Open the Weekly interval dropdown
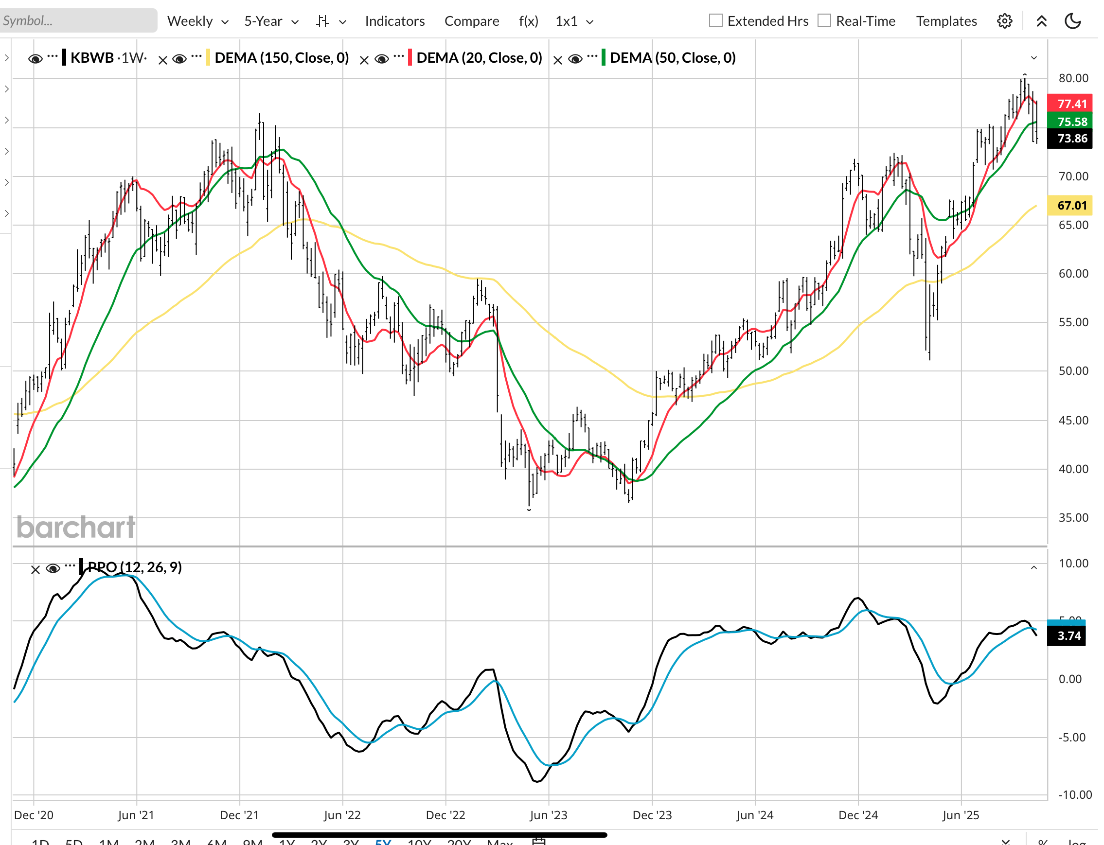(197, 21)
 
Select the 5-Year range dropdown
(271, 21)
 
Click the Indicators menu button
(394, 21)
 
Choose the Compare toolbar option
(471, 21)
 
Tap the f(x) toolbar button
(528, 21)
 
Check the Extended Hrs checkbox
(715, 20)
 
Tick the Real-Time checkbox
(824, 20)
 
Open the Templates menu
(945, 21)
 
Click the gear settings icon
(1004, 21)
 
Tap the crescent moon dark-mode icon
(1072, 21)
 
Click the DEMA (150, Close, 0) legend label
(281, 58)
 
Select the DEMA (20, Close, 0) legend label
(479, 58)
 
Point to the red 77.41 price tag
(1069, 104)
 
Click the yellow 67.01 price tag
(1069, 205)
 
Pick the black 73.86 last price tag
(1069, 138)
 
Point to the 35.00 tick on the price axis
(1072, 518)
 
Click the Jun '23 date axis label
(548, 815)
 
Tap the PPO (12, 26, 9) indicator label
(134, 567)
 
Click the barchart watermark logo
(75, 527)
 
